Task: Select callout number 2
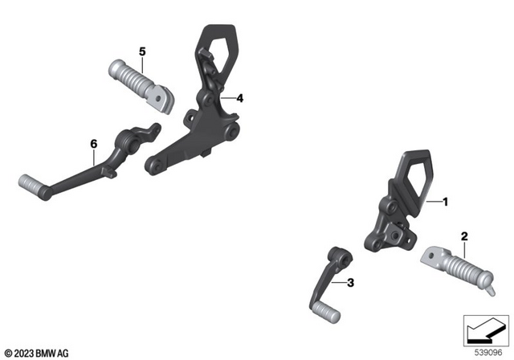pos(464,236)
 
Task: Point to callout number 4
pos(239,98)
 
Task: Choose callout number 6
pos(93,143)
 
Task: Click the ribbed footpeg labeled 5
pos(133,80)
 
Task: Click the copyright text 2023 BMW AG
pos(36,352)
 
